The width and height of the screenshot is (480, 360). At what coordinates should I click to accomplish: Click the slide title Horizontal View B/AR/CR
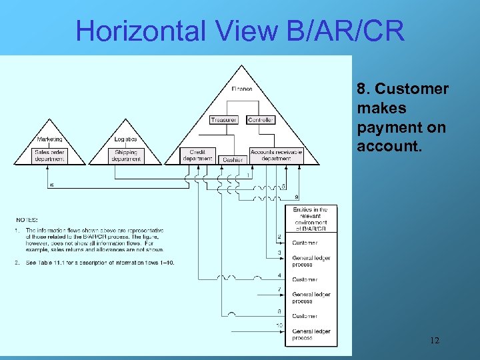[240, 31]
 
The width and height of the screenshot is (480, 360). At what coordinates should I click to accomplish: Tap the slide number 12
[435, 341]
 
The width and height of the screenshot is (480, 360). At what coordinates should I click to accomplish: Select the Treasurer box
[223, 120]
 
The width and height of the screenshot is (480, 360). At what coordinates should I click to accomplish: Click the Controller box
[261, 120]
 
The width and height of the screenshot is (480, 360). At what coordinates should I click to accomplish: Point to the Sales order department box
[50, 155]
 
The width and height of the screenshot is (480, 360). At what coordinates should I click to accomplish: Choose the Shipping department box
[126, 155]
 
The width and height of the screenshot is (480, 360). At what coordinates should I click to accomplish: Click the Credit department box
[197, 155]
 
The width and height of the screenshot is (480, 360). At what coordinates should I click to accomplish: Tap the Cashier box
[233, 160]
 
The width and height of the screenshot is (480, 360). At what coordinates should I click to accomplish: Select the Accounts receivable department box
[276, 155]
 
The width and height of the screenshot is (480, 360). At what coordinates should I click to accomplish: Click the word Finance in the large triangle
[242, 89]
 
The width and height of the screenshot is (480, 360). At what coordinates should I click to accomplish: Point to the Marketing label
[49, 139]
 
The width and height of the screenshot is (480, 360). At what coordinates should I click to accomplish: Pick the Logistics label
[125, 139]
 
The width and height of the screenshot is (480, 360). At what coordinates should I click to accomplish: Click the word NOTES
[27, 219]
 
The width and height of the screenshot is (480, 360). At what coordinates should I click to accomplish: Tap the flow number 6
[53, 185]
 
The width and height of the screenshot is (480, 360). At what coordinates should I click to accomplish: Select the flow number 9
[297, 197]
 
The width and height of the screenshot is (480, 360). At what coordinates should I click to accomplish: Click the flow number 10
[279, 325]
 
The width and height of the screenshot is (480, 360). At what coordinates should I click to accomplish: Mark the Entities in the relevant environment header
[311, 219]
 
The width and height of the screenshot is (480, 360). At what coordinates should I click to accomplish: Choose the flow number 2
[279, 237]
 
